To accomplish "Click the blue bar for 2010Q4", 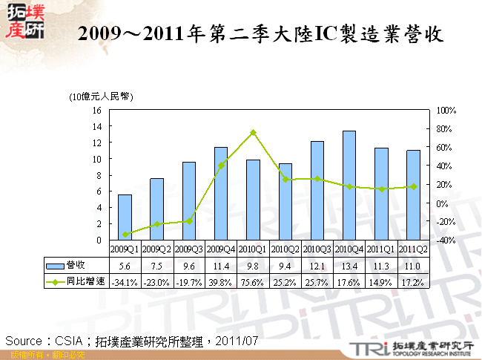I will [349, 186].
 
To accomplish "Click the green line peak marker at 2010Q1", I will [253, 132].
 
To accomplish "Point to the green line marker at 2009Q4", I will [221, 166].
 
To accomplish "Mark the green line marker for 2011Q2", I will [413, 186].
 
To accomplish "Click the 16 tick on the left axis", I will [96, 110].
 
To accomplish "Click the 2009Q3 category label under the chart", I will [188, 249].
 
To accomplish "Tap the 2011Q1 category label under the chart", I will [380, 249].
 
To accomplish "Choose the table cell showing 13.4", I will [349, 266].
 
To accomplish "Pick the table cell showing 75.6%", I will [253, 282].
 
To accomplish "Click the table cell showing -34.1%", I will [125, 282].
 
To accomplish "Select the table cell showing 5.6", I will [125, 266].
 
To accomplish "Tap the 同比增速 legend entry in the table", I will [74, 282].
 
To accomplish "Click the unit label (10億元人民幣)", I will [101, 96].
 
